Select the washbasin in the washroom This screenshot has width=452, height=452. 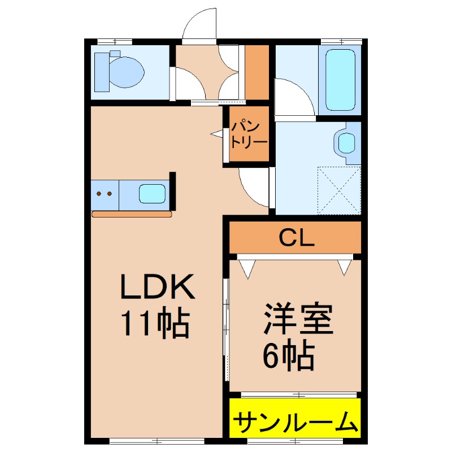tap(346, 141)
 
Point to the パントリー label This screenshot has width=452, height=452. tap(249, 134)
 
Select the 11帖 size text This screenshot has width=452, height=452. tap(154, 324)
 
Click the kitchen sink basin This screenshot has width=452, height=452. tap(153, 193)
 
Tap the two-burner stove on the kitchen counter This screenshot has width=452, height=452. tap(104, 194)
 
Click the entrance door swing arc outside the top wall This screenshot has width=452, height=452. tap(201, 25)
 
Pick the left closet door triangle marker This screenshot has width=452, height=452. tap(247, 269)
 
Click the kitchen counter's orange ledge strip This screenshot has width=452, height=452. tap(131, 214)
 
